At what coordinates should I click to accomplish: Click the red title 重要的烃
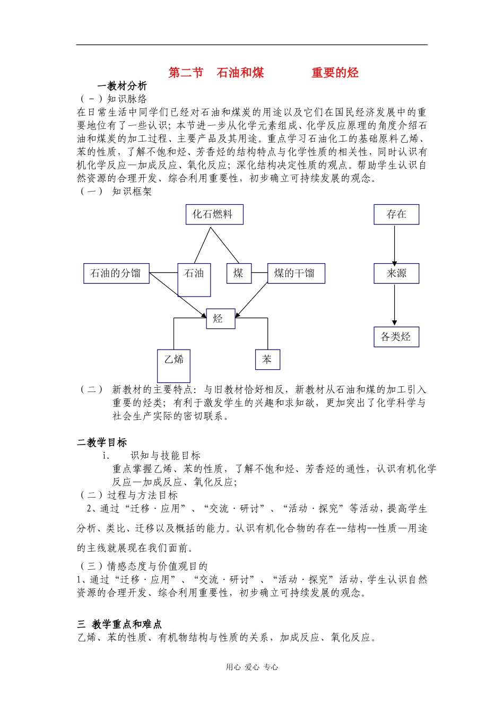point(335,73)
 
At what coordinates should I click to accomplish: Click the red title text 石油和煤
point(240,73)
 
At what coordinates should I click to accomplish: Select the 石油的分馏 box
point(116,273)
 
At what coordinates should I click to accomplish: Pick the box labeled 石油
point(194,279)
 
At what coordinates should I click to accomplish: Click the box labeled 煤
point(239,273)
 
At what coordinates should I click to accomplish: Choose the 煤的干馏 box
point(296,273)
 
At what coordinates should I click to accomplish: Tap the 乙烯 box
point(173,365)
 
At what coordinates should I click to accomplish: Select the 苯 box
point(267,359)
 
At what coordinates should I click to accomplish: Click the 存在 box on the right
point(396,214)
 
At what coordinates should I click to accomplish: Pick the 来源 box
point(396,273)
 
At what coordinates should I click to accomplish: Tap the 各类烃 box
point(396,336)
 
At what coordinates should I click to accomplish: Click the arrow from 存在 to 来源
point(394,244)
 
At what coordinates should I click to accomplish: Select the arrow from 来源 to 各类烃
point(394,305)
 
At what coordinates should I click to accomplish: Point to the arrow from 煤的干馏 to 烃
point(251,300)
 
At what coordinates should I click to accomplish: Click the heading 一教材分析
point(122,86)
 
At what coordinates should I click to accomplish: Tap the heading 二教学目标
point(102,442)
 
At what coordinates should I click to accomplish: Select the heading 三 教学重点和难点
point(119,624)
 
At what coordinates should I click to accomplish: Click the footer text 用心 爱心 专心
point(252,667)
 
